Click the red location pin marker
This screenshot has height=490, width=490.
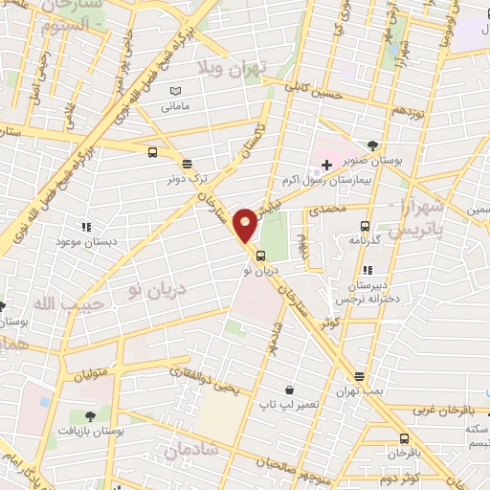tap(246, 224)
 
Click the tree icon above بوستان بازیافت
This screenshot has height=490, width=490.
tap(90, 416)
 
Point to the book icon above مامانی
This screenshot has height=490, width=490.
tap(173, 91)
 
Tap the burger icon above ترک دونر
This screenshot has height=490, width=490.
tap(186, 163)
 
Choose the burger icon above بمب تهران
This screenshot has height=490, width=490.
tap(358, 376)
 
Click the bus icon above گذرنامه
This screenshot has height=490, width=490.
tap(364, 227)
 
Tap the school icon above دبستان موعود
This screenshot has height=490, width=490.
tap(85, 227)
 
